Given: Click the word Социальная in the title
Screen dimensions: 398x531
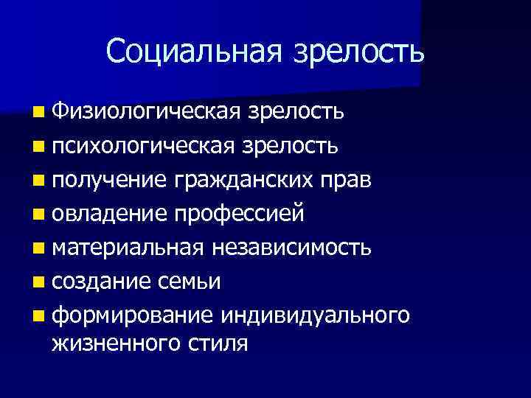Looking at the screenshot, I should [195, 51].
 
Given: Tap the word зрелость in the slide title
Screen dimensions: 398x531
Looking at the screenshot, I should [359, 52].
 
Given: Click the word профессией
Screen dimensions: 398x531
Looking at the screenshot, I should [239, 214].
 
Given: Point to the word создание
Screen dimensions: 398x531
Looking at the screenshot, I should [103, 282].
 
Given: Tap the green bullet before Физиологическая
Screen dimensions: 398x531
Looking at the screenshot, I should [38, 113].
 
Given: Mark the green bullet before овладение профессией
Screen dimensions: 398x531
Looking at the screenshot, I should [38, 215].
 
